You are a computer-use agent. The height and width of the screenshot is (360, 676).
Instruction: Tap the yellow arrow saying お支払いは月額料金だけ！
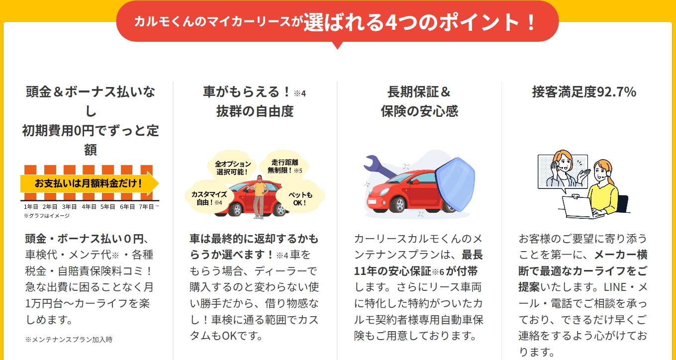[89, 183]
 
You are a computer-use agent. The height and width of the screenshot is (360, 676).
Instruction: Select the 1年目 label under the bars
[30, 206]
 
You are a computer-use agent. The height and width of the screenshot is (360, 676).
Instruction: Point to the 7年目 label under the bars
[146, 206]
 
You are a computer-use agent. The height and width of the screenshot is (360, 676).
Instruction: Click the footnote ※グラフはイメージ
[47, 216]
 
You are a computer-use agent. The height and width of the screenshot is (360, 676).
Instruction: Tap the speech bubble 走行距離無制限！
[284, 166]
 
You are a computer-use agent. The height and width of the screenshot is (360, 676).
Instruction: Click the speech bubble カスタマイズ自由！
[209, 198]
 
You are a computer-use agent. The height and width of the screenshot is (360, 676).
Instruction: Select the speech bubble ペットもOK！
[300, 198]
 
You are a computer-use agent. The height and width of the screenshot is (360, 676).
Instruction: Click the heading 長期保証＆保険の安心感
[419, 101]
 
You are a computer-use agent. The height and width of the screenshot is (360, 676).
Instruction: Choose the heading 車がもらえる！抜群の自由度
[255, 101]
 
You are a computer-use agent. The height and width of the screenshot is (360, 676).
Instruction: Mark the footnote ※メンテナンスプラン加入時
[69, 340]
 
